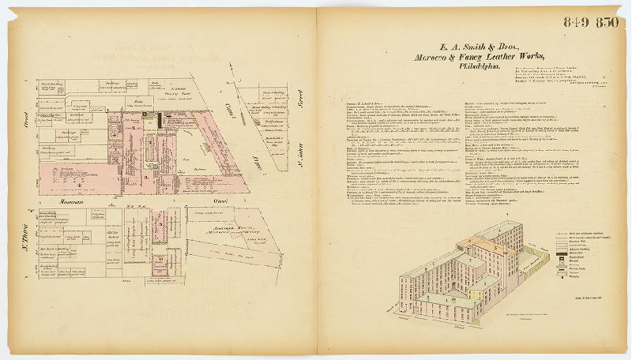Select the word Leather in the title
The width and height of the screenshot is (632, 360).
pyautogui.click(x=502, y=58)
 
